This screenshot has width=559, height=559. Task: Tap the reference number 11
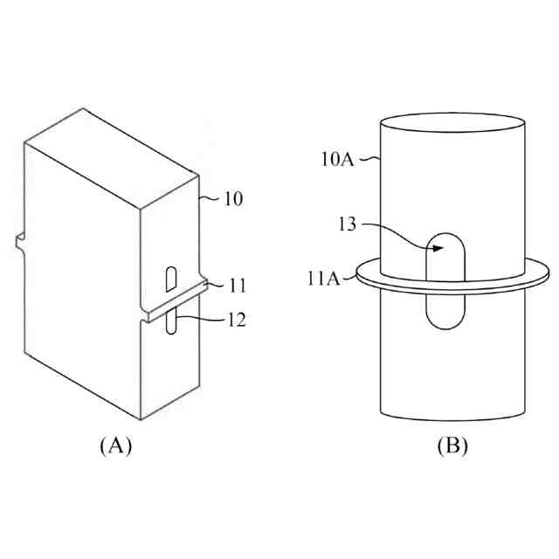[238, 286]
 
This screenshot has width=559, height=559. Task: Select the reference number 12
[234, 321]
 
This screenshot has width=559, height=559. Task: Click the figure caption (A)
[115, 445]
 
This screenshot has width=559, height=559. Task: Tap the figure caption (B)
[452, 445]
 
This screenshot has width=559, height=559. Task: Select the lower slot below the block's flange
[172, 320]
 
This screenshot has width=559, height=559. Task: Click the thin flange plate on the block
[175, 300]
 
